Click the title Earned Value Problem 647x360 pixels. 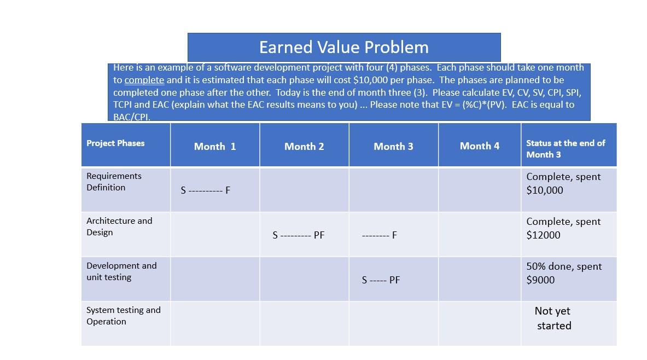coord(343,47)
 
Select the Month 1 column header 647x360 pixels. coord(215,146)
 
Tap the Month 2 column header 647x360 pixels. coord(304,146)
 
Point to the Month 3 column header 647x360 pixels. coord(393,146)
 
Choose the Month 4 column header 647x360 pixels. coord(479,146)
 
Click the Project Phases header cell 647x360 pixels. coord(115,143)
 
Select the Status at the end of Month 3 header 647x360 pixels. coord(566,148)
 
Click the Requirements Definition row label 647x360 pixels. coord(114,182)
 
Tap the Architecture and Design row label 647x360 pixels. coord(119,227)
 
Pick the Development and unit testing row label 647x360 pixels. coord(121,271)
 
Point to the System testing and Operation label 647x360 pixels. coord(123,316)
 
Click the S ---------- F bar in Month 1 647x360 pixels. coord(206,190)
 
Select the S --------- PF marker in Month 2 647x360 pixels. coord(298,235)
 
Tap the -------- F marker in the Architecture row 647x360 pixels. coord(380,235)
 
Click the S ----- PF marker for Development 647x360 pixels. coord(381,280)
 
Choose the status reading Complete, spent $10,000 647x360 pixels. coord(563,183)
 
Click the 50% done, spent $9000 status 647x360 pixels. coord(564,273)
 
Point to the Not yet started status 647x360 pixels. coord(553,318)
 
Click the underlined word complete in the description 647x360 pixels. coord(144,80)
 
